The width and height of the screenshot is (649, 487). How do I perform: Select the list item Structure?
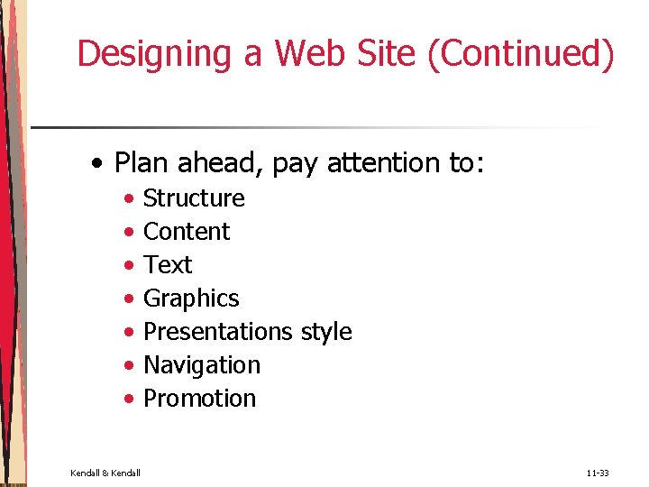tap(194, 198)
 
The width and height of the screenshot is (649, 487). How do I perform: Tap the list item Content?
tap(187, 232)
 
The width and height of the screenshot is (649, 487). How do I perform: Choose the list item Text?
tap(168, 265)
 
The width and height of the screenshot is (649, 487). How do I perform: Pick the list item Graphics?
tap(191, 299)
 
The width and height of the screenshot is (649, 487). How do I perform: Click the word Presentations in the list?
tap(218, 332)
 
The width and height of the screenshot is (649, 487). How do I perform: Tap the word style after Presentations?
tap(325, 332)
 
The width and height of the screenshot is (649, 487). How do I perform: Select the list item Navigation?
tap(202, 365)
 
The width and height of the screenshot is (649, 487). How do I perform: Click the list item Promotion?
tap(199, 399)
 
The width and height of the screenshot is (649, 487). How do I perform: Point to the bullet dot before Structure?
tap(131, 198)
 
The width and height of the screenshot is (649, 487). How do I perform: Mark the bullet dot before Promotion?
tap(131, 399)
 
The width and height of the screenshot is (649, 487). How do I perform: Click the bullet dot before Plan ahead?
tap(98, 164)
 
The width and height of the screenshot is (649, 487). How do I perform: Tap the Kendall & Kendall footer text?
tap(105, 473)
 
